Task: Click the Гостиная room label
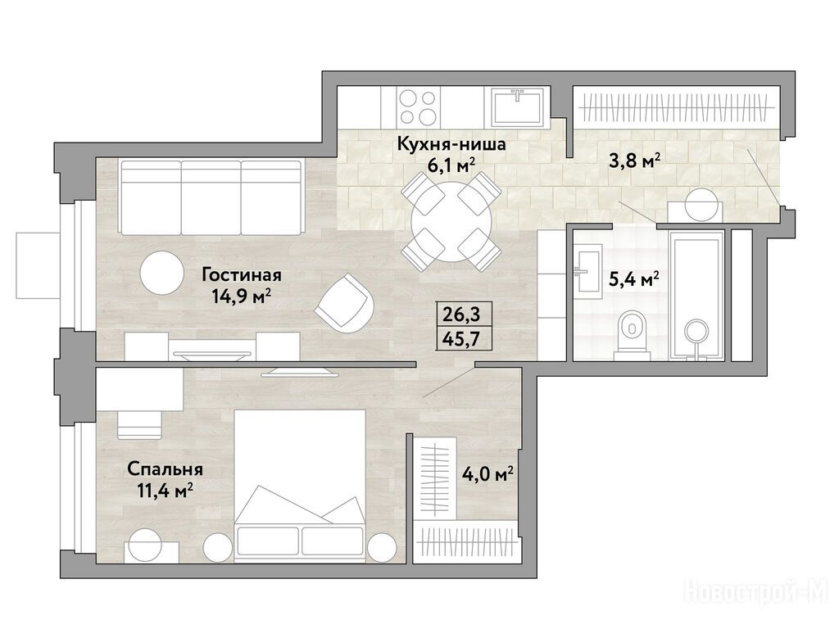[x=242, y=275]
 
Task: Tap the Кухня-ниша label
[x=451, y=144]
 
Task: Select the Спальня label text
[x=165, y=469]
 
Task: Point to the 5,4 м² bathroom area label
[x=634, y=278]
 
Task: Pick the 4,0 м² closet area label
[x=488, y=474]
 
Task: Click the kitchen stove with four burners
[x=417, y=107]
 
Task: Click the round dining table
[x=451, y=222]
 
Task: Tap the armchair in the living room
[x=344, y=302]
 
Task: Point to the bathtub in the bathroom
[x=696, y=294]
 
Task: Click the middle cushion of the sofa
[x=211, y=197]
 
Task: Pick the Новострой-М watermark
[x=756, y=591]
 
